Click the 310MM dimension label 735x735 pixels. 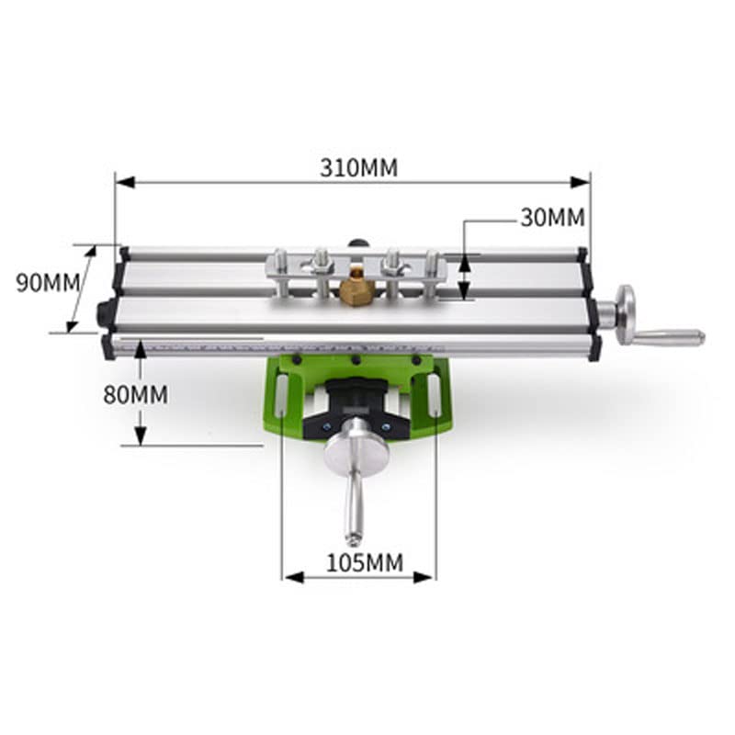click(358, 168)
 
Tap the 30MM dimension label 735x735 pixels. click(553, 218)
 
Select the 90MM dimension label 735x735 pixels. click(48, 283)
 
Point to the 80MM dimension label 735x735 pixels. click(135, 394)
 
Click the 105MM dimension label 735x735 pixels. click(365, 562)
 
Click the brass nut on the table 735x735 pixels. click(356, 291)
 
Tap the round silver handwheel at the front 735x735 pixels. click(356, 452)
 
